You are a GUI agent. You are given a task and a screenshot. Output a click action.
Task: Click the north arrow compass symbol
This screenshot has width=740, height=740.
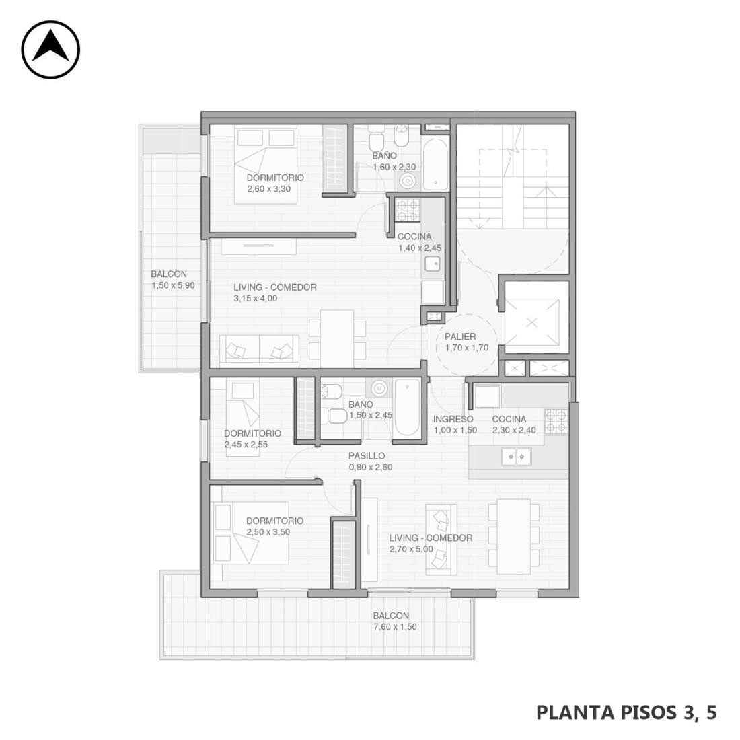tap(50, 50)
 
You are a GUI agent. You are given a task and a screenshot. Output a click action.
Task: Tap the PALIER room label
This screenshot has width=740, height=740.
tap(460, 336)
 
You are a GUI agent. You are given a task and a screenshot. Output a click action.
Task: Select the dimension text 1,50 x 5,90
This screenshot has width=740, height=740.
tap(173, 285)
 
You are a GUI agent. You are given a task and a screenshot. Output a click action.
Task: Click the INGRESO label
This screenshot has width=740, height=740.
tap(453, 419)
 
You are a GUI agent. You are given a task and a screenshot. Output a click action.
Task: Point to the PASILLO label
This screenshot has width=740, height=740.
tap(367, 456)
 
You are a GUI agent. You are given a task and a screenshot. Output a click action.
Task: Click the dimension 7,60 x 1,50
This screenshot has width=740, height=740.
tap(395, 627)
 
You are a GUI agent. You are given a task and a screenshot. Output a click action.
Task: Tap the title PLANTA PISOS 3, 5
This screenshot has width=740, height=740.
tap(626, 712)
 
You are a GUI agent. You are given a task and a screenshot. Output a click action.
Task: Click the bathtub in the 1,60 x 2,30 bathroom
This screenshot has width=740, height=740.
tap(435, 163)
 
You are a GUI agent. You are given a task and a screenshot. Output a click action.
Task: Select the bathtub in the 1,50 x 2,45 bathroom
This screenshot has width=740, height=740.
tap(407, 408)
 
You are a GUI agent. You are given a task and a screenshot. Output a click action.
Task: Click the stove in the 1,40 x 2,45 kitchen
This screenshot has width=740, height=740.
tap(407, 210)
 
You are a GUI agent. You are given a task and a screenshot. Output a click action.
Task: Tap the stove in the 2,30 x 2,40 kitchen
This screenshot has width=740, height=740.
tap(556, 421)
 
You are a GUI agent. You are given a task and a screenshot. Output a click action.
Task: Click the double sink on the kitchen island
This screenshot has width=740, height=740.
tap(516, 457)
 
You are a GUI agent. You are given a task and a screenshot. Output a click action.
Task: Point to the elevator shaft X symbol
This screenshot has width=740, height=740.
tap(532, 323)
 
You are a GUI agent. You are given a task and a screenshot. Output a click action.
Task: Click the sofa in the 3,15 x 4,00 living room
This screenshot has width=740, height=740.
tap(259, 349)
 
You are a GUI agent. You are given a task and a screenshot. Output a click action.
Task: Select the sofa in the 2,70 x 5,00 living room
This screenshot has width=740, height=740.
tap(441, 540)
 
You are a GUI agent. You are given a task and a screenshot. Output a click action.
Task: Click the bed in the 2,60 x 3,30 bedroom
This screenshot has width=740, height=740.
tap(266, 164)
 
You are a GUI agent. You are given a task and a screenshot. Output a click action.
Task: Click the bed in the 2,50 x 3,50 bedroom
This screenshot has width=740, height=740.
tap(251, 532)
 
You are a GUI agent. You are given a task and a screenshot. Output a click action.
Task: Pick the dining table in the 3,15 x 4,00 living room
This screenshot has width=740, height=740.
tap(337, 338)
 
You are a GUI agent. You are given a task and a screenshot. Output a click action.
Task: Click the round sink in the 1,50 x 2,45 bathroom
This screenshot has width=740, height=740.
tap(379, 388)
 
